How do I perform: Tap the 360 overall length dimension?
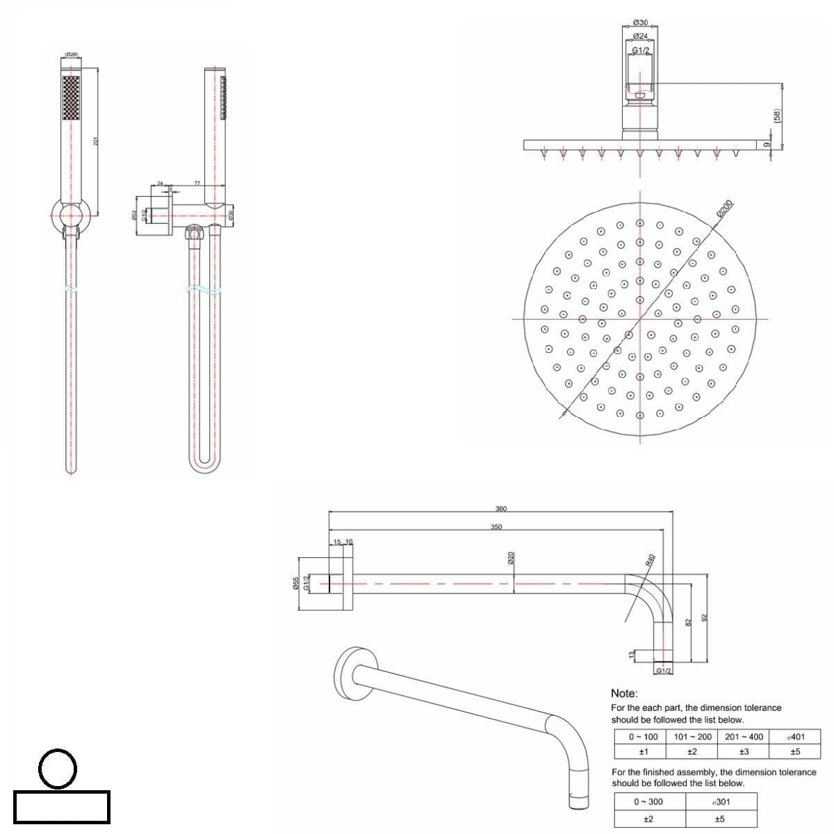click(500, 509)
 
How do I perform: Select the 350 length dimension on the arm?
click(496, 527)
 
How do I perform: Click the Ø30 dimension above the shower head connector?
click(641, 24)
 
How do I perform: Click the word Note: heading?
click(623, 693)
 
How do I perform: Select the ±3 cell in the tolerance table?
click(744, 751)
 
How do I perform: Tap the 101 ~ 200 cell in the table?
click(693, 737)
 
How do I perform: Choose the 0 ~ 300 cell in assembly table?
click(648, 801)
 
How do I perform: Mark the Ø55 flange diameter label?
click(296, 583)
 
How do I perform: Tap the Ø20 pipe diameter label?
click(511, 557)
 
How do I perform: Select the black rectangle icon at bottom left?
click(61, 806)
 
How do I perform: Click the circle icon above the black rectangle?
click(58, 768)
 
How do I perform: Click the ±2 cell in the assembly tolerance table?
click(648, 819)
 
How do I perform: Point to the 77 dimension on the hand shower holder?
click(197, 183)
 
